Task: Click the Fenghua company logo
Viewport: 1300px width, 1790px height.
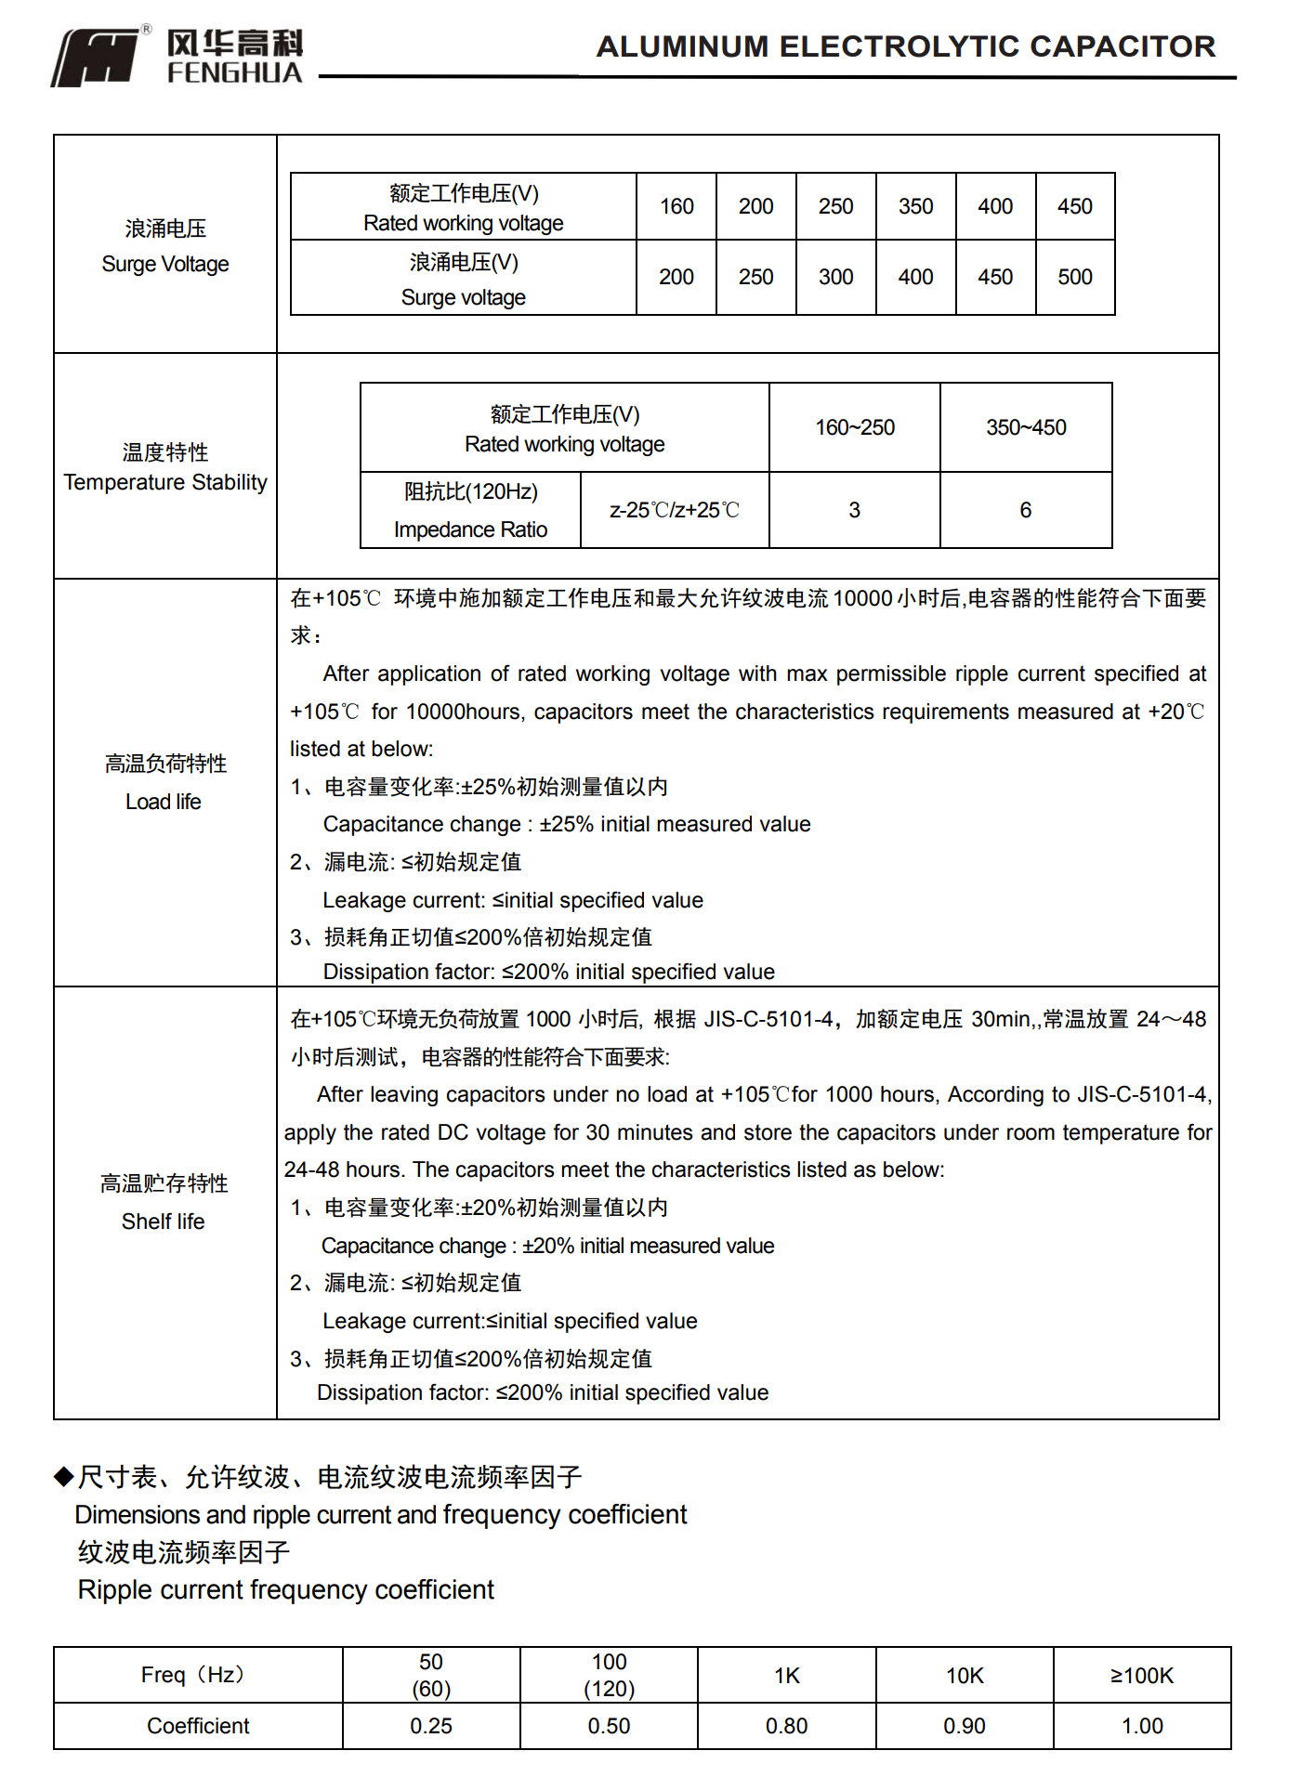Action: [x=177, y=57]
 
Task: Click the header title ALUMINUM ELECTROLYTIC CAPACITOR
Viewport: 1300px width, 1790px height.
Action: [x=905, y=46]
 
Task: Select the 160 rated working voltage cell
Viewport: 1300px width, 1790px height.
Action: [x=676, y=206]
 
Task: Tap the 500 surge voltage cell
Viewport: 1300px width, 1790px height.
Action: [x=1074, y=277]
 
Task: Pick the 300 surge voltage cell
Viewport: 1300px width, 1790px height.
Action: [x=835, y=277]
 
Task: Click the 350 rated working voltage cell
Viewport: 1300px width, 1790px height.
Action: [x=915, y=206]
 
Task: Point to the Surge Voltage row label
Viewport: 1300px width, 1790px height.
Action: [x=165, y=246]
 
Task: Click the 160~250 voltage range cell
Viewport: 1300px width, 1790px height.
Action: [x=854, y=427]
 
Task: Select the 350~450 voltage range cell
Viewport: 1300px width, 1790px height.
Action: [x=1026, y=427]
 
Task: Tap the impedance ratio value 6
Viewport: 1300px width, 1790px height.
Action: [x=1026, y=510]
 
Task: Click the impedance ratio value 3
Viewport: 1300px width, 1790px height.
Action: [x=854, y=510]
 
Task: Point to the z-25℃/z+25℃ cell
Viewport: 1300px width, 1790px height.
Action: [x=675, y=510]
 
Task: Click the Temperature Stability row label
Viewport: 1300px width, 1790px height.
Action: [x=165, y=467]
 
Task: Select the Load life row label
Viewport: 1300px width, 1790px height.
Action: [x=165, y=782]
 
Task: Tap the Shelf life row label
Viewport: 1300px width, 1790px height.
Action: [x=164, y=1202]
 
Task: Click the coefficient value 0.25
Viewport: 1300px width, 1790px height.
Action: [x=431, y=1726]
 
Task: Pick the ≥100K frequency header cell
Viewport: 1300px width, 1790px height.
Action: [x=1142, y=1675]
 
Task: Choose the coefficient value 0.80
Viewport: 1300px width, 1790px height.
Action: [x=786, y=1726]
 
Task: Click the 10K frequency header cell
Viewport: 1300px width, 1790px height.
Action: [x=965, y=1675]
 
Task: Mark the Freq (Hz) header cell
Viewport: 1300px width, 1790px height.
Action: [x=198, y=1675]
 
